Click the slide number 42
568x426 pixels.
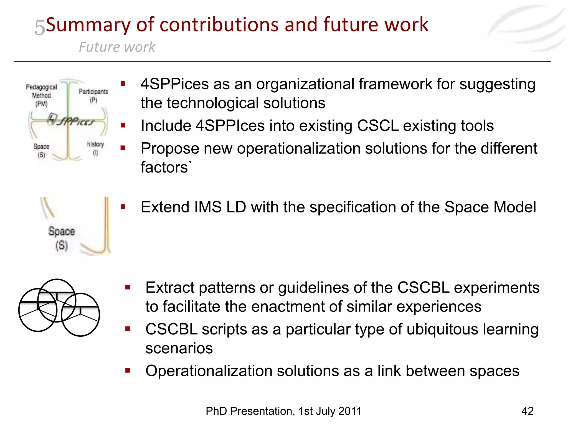click(527, 411)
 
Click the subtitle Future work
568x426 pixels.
click(117, 47)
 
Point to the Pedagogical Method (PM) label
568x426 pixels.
click(41, 95)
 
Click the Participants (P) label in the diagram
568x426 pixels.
click(93, 95)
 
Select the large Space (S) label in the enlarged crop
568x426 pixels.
click(62, 238)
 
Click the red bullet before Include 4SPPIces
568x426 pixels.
click(123, 126)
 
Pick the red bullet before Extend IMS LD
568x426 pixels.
click(123, 207)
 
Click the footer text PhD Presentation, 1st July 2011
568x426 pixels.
click(283, 411)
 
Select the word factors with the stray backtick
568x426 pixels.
click(166, 167)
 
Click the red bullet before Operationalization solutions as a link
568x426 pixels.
click(128, 371)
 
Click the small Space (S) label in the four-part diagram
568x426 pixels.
click(41, 150)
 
